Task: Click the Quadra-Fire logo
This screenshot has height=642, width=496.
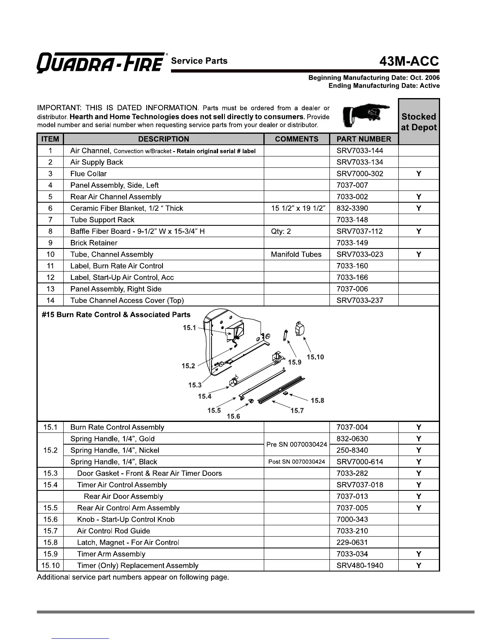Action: (101, 63)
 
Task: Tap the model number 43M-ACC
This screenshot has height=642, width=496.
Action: (409, 61)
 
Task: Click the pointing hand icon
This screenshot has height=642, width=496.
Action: (365, 115)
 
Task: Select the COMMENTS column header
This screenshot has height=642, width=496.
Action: (297, 139)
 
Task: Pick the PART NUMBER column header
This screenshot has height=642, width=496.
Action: (364, 139)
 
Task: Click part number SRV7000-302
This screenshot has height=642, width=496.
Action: (360, 174)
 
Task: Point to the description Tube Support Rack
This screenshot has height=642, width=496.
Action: (102, 220)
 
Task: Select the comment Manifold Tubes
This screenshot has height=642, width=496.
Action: (296, 255)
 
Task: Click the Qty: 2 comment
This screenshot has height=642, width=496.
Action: (281, 231)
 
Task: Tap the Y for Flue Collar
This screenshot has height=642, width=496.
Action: (419, 174)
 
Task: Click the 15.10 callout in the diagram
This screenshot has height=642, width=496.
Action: (315, 357)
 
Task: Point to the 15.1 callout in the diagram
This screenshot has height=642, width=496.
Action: (189, 327)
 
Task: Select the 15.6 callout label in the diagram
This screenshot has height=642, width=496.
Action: (233, 416)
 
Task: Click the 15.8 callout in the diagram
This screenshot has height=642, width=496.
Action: (317, 400)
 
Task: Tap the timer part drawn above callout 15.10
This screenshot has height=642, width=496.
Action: (300, 329)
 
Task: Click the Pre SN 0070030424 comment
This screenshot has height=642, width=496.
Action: (297, 445)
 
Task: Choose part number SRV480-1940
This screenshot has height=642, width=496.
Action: (360, 565)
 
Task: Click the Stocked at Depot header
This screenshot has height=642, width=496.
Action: (419, 122)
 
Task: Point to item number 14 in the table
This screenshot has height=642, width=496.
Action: (50, 300)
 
